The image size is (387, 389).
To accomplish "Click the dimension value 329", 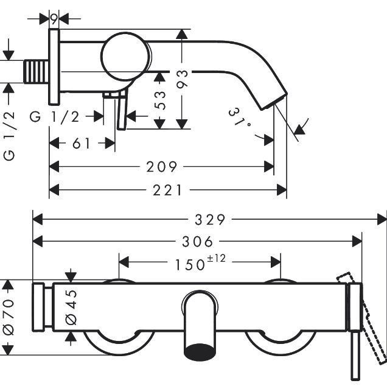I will (x=210, y=219).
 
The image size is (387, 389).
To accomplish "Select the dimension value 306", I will (x=197, y=242).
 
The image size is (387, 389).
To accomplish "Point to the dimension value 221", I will (x=167, y=190).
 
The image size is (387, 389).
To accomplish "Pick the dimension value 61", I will (x=82, y=144).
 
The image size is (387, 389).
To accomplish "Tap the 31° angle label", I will (x=240, y=118).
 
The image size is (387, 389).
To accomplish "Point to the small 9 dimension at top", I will (x=54, y=19).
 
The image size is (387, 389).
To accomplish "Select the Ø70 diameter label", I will (x=8, y=317).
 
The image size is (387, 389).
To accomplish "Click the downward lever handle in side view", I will (x=123, y=113).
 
